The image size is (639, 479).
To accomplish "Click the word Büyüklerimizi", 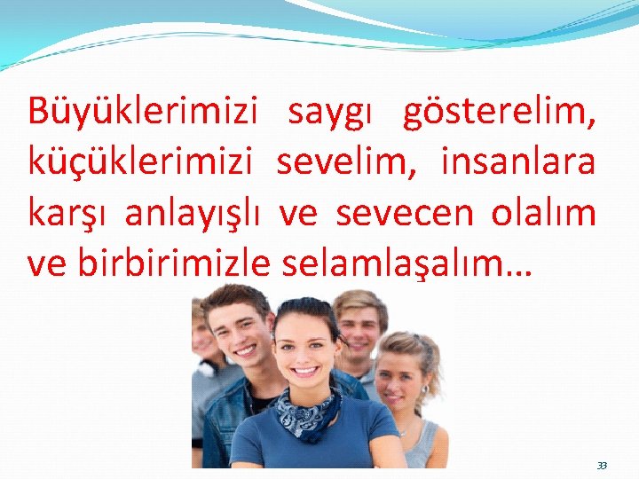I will tap(142, 113).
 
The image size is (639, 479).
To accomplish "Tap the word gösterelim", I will tap(498, 113).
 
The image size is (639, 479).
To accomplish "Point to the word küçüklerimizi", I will tap(142, 163).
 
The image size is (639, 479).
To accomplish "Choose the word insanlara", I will tap(517, 163).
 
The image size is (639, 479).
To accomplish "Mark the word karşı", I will tap(70, 215).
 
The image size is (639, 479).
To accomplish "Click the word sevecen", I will tap(390, 214).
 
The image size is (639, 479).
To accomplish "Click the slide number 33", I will tap(603, 465).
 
